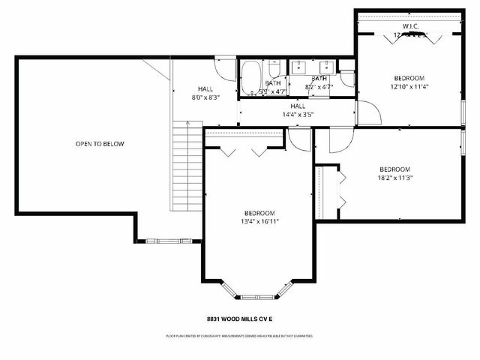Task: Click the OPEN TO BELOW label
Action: click(100, 143)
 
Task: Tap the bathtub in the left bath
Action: click(250, 76)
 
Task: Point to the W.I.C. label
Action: click(409, 26)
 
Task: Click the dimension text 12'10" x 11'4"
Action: click(409, 86)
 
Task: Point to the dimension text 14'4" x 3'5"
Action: click(298, 115)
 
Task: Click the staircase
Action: click(184, 166)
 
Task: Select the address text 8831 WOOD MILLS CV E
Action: click(240, 318)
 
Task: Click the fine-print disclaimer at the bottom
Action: click(240, 336)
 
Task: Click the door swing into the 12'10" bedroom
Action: click(369, 112)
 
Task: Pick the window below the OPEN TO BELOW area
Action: click(169, 241)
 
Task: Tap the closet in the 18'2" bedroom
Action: click(322, 191)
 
